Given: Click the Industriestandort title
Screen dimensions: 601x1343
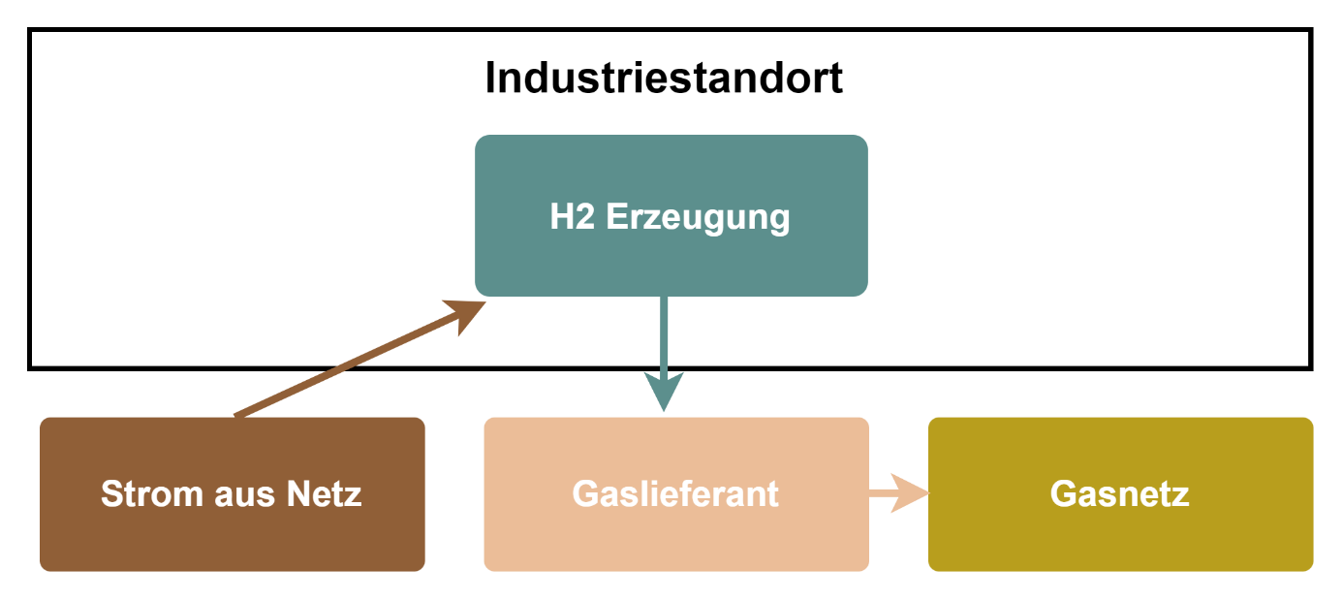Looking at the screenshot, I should pos(664,79).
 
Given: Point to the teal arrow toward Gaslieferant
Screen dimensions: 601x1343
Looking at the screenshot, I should pos(664,339).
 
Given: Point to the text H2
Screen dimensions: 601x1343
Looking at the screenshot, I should pos(572,217).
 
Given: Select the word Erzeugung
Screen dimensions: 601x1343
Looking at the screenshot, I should pos(698,217).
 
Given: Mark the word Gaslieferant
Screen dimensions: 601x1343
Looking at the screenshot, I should pos(675,494).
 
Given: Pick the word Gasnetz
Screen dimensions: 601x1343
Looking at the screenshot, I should pos(1120,494).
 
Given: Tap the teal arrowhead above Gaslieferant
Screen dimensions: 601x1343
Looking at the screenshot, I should pos(664,390).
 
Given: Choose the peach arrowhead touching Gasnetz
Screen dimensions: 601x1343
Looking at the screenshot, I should pos(911,494).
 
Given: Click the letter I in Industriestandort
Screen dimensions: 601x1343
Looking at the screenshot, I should pos(490,79).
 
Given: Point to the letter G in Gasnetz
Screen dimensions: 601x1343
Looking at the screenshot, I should pos(1062,494).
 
